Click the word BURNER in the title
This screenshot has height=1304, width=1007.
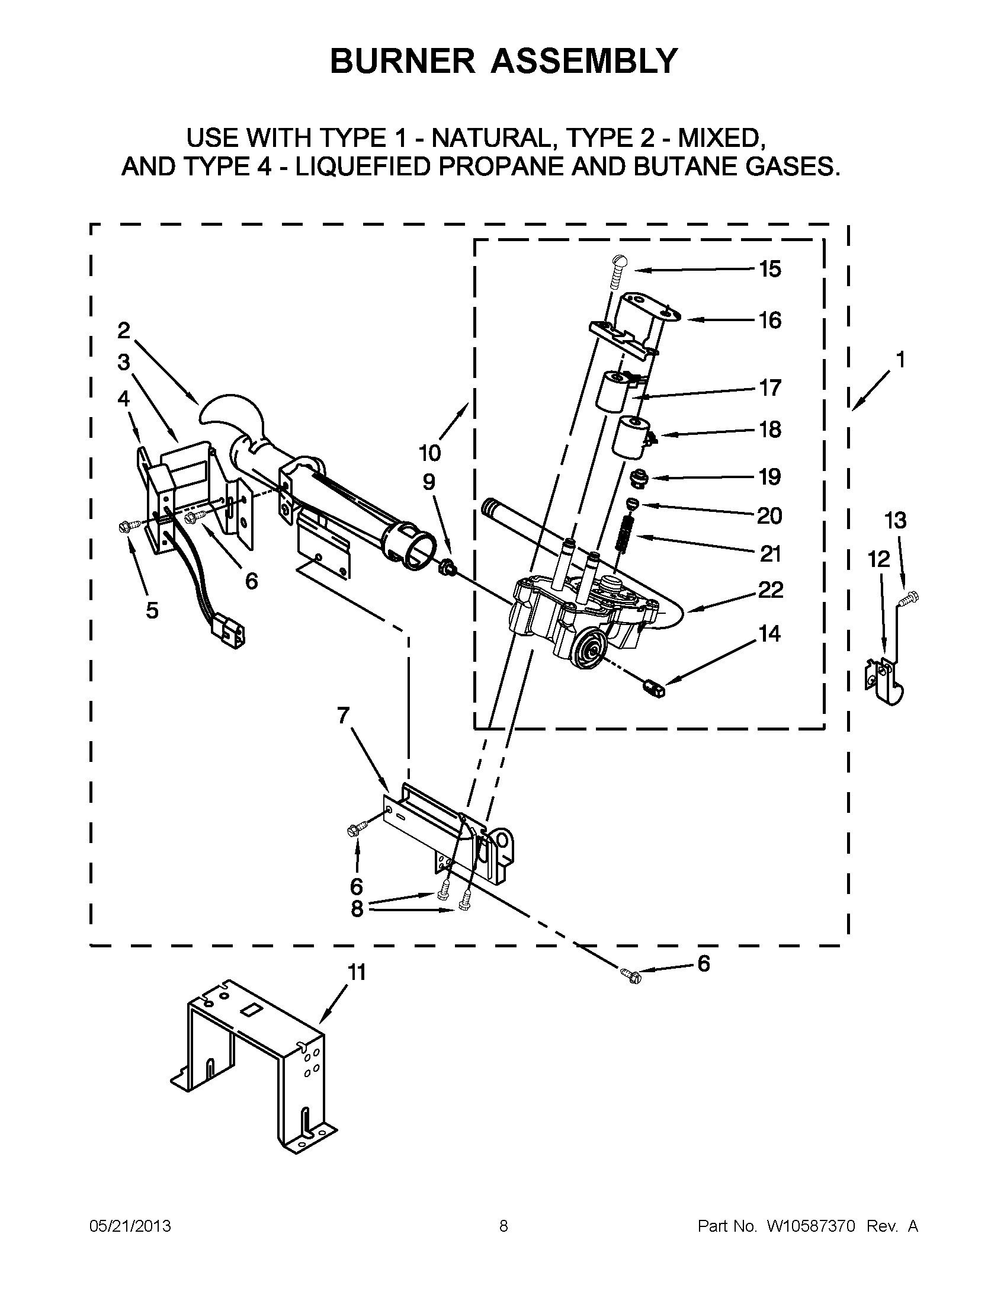tap(402, 61)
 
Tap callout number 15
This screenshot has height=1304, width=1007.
tap(770, 270)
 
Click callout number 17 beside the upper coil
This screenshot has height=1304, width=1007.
tap(770, 388)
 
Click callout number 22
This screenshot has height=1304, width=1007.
tap(770, 590)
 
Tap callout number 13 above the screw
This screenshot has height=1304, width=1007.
tap(896, 521)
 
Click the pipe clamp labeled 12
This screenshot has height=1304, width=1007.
tap(884, 681)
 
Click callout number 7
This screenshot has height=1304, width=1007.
tap(342, 715)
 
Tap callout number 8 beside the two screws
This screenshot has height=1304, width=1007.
tap(357, 908)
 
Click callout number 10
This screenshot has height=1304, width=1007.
tap(429, 453)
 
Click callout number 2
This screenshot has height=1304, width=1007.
tap(124, 330)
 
